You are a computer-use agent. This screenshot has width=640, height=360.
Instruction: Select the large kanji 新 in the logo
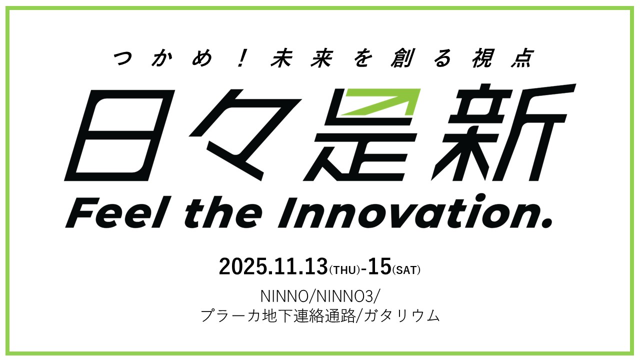pos(503,132)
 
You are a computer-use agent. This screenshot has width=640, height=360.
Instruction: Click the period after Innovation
pos(546,222)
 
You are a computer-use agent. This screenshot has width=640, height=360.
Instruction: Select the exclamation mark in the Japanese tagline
pos(241,58)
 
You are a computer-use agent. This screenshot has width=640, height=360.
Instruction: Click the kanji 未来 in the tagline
pos(301,58)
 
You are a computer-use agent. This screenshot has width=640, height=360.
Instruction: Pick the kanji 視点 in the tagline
pos(502,58)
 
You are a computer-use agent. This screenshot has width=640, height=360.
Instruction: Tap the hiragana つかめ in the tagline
pos(163,58)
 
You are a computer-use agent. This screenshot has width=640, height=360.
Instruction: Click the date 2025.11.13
pos(273,266)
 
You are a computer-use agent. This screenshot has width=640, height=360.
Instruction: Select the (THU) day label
pos(344,270)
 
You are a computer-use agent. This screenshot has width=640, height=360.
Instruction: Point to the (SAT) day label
pos(406,270)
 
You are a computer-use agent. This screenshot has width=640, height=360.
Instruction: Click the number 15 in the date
pos(379,266)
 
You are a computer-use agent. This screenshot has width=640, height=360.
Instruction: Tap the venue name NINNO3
pos(345,296)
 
